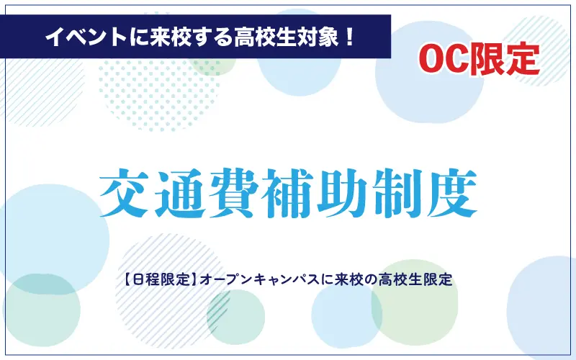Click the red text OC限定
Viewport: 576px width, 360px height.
[x=479, y=60]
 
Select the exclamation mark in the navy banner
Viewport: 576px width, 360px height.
[x=349, y=37]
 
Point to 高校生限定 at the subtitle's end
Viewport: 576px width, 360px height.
[x=416, y=280]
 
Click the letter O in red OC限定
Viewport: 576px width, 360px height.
[x=431, y=60]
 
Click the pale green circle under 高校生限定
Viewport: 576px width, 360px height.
[x=415, y=302]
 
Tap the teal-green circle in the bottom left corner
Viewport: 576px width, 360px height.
[x=42, y=310]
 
